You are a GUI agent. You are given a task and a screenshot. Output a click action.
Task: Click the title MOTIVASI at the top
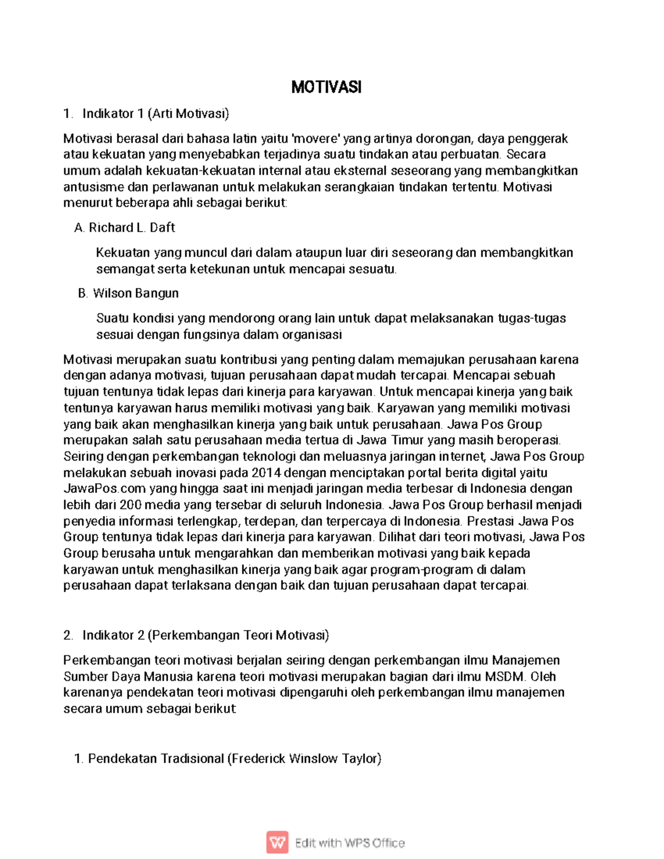tap(326, 87)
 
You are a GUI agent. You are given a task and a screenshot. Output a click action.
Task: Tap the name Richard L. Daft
tap(132, 227)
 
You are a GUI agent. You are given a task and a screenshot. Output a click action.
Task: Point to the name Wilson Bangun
tap(136, 293)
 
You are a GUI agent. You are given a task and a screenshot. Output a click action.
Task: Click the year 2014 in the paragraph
tap(266, 473)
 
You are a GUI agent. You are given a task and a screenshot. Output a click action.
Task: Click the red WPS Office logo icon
tap(277, 842)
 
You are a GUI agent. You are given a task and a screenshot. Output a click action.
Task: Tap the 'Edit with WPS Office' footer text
tap(350, 843)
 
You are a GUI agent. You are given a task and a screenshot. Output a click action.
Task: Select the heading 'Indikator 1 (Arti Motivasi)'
tap(155, 114)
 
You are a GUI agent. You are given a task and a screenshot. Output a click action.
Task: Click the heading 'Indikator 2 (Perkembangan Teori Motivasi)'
tap(205, 635)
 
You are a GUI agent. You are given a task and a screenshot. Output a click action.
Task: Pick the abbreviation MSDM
tap(506, 676)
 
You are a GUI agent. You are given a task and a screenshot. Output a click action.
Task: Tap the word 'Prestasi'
tap(491, 521)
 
